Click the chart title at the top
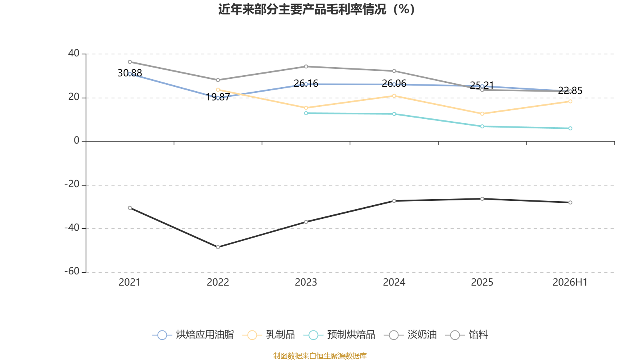click(x=316, y=9)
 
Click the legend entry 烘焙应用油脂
click(x=193, y=334)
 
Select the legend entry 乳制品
click(x=268, y=334)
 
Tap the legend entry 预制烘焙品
click(x=339, y=334)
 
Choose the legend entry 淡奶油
click(x=410, y=334)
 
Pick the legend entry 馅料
click(x=466, y=334)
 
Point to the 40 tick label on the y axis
click(x=74, y=53)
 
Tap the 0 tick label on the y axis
click(x=76, y=140)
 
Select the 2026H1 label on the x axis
click(x=570, y=282)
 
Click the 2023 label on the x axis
click(x=306, y=282)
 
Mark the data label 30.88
click(x=130, y=73)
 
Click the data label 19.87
click(x=218, y=97)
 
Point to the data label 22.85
click(x=570, y=90)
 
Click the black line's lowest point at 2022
click(x=218, y=247)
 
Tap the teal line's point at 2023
click(x=306, y=113)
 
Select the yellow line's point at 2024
click(x=394, y=96)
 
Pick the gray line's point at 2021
click(x=130, y=62)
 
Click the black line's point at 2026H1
click(x=570, y=202)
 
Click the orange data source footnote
click(x=320, y=356)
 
